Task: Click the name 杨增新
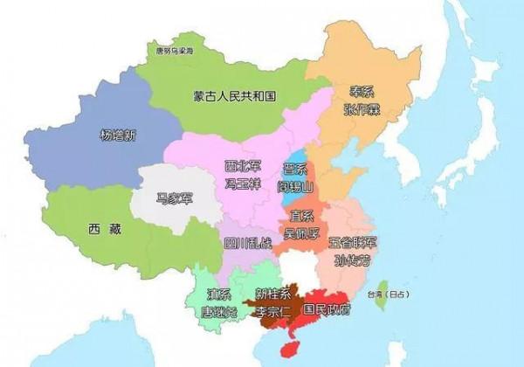tap(118, 135)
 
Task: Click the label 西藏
tap(100, 230)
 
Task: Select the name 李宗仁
tap(273, 310)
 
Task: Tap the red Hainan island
tap(295, 347)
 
